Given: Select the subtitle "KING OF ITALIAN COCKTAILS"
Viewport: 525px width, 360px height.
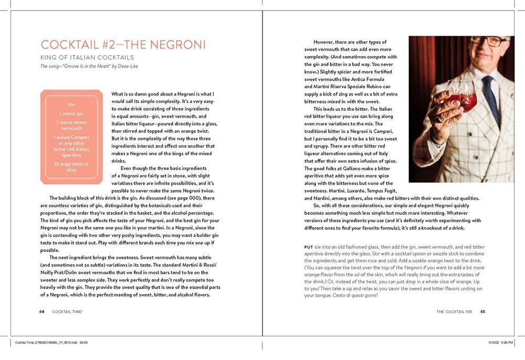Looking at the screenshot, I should (x=87, y=57).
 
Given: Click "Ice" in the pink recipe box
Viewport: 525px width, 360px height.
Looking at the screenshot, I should (x=71, y=104).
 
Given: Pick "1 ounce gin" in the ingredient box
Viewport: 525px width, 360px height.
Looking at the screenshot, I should (x=71, y=113).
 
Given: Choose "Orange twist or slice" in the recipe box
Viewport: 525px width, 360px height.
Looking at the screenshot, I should (x=71, y=167).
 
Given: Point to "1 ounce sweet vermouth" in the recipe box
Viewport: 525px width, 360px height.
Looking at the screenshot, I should (x=71, y=125).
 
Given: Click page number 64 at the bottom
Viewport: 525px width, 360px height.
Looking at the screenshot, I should (x=41, y=311).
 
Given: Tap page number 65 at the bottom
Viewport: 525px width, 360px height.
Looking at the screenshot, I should (x=482, y=311).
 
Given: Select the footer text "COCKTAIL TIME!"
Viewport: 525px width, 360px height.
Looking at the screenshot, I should (x=68, y=311).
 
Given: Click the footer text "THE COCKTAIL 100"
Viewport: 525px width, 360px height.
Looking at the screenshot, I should (x=454, y=311).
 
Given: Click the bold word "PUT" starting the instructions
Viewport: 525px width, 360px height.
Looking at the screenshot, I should (x=309, y=247).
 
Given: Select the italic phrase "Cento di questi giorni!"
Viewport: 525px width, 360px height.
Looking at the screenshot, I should (x=354, y=295).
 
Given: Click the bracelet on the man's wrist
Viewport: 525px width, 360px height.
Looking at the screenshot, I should (x=439, y=141).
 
